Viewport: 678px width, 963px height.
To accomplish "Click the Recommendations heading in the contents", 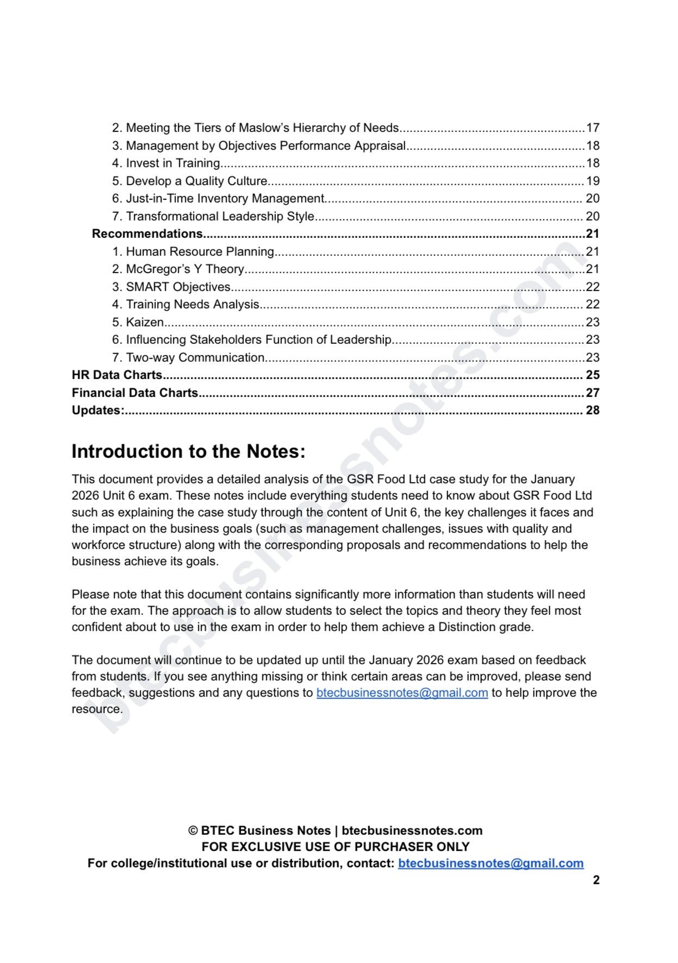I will pyautogui.click(x=147, y=234).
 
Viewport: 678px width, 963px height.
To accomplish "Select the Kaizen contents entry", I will pyautogui.click(x=145, y=322).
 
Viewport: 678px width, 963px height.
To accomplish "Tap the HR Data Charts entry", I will pyautogui.click(x=117, y=375).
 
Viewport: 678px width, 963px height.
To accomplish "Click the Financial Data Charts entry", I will pyautogui.click(x=135, y=393).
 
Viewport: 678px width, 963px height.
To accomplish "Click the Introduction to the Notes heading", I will pyautogui.click(x=189, y=451).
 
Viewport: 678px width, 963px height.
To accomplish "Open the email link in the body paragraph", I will pyautogui.click(x=402, y=693).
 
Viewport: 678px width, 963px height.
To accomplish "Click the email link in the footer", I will pyautogui.click(x=491, y=863).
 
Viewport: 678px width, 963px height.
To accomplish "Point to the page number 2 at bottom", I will pyautogui.click(x=596, y=880).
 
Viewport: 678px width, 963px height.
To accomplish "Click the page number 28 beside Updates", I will pyautogui.click(x=592, y=410).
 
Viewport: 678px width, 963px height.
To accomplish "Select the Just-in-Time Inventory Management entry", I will pyautogui.click(x=225, y=198).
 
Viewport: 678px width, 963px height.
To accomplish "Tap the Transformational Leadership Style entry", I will pyautogui.click(x=220, y=216).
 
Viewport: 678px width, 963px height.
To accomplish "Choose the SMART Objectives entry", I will pyautogui.click(x=178, y=287).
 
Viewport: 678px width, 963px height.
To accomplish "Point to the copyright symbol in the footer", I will pyautogui.click(x=193, y=830).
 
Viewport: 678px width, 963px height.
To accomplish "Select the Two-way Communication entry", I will pyautogui.click(x=195, y=357).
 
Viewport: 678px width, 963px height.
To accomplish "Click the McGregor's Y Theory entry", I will pyautogui.click(x=185, y=269).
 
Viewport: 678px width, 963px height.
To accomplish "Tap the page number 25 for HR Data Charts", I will pyautogui.click(x=592, y=375).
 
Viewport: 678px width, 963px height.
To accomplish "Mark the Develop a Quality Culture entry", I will pyautogui.click(x=197, y=181).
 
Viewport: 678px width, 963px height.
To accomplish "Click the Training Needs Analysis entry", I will pyautogui.click(x=192, y=304).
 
